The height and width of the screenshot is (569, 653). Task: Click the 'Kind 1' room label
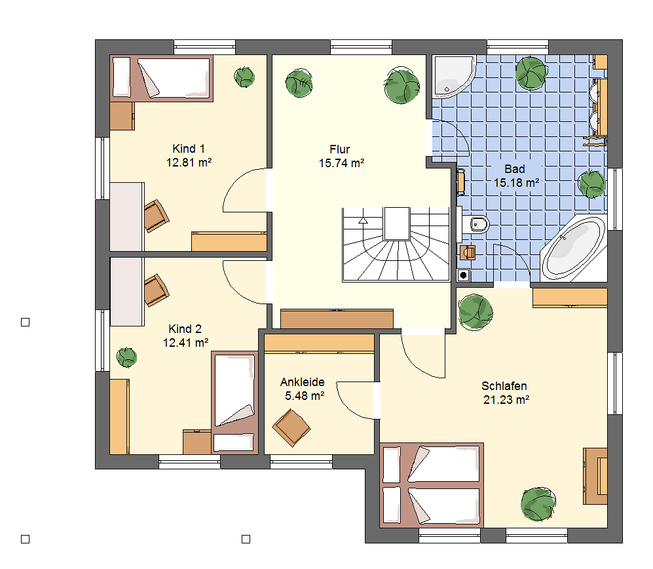[x=189, y=149]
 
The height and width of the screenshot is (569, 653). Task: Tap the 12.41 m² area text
[x=186, y=343]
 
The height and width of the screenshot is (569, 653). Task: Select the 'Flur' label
[x=340, y=149]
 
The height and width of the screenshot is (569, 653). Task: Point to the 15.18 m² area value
[x=516, y=183]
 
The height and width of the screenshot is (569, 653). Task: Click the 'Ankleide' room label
[x=303, y=382]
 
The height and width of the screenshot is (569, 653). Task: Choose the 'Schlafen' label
[x=504, y=386]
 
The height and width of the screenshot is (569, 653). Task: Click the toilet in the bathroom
[x=476, y=225]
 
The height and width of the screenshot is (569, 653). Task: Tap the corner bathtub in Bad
[x=574, y=248]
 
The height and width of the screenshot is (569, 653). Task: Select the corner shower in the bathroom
[x=454, y=76]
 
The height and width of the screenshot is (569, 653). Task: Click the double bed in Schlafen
[x=432, y=485]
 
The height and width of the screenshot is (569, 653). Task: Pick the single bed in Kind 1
[x=162, y=79]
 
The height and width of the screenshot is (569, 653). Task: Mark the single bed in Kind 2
[x=234, y=402]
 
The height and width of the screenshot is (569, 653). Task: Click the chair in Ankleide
[x=291, y=427]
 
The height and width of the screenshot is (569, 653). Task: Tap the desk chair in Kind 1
[x=156, y=216]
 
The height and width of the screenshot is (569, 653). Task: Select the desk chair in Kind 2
[x=156, y=290]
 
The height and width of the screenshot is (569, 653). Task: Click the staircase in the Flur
[x=396, y=245]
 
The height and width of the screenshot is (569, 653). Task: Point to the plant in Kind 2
[x=126, y=357]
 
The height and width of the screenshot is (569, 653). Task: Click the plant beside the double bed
[x=538, y=504]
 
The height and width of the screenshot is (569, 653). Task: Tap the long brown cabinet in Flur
[x=337, y=319]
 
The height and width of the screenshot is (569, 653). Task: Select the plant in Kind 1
[x=244, y=77]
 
